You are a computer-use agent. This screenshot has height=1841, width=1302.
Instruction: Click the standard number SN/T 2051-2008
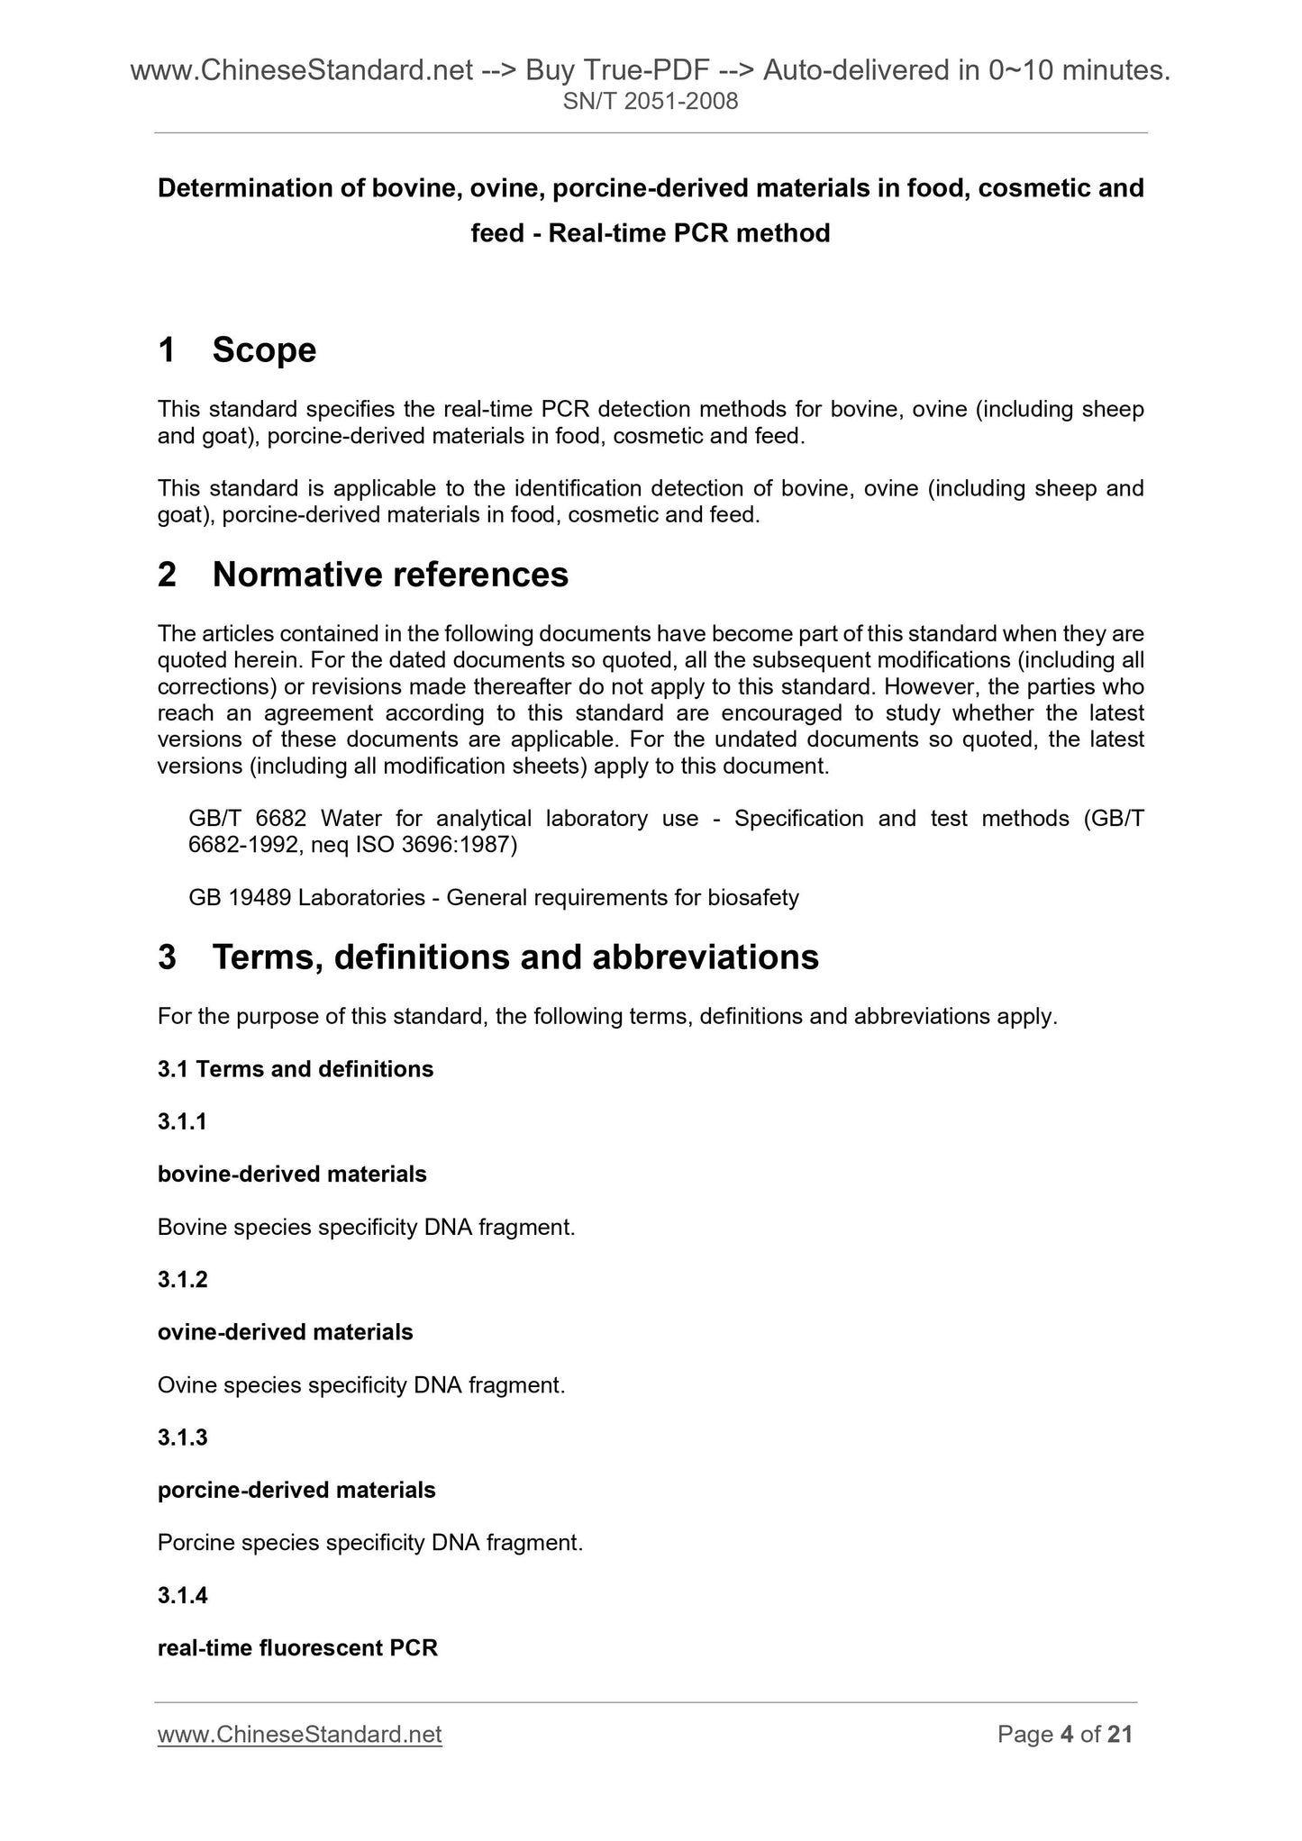(x=650, y=102)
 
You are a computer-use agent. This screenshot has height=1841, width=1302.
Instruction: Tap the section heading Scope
(x=264, y=349)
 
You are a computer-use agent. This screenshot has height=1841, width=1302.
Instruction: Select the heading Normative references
(x=390, y=575)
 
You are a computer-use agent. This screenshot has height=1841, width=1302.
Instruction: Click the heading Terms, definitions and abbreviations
(x=515, y=957)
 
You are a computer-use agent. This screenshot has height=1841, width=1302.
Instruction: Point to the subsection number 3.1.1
(x=182, y=1121)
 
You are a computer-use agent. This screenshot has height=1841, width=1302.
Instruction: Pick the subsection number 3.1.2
(x=182, y=1279)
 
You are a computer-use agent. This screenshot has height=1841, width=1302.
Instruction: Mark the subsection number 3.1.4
(x=182, y=1595)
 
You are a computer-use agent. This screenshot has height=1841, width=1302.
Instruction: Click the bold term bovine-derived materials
(x=292, y=1174)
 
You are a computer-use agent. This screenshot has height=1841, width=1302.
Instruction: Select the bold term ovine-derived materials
(x=285, y=1332)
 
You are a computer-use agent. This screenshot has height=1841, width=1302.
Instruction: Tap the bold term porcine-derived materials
(x=296, y=1490)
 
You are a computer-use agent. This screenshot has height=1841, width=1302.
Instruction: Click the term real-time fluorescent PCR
(x=297, y=1648)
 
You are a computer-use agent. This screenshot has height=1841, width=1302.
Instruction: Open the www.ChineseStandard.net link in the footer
(x=299, y=1735)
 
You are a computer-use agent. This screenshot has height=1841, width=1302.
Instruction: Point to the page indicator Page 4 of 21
(x=1064, y=1735)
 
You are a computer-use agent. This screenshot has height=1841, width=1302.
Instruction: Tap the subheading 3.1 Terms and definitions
(x=296, y=1069)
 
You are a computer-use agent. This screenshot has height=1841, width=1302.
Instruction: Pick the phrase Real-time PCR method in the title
(x=688, y=233)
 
